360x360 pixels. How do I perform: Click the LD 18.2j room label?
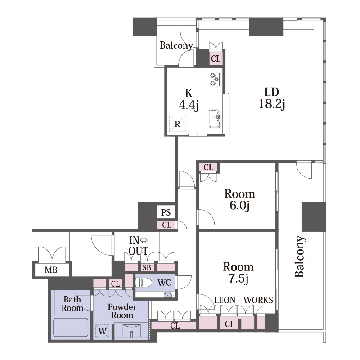pyautogui.click(x=272, y=98)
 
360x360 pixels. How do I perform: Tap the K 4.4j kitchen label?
pyautogui.click(x=189, y=99)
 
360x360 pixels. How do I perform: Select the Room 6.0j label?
pyautogui.click(x=239, y=199)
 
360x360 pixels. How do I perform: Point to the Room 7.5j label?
pyautogui.click(x=238, y=273)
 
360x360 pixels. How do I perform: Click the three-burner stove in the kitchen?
pyautogui.click(x=215, y=79)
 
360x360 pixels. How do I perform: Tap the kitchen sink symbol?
pyautogui.click(x=215, y=119)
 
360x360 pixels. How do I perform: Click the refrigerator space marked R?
pyautogui.click(x=177, y=124)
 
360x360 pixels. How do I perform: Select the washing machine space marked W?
pyautogui.click(x=103, y=331)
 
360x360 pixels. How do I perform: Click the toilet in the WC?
pyautogui.click(x=144, y=283)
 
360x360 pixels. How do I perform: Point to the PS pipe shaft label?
pyautogui.click(x=166, y=212)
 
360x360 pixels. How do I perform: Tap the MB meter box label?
pyautogui.click(x=51, y=270)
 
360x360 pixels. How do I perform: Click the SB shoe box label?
pyautogui.click(x=147, y=267)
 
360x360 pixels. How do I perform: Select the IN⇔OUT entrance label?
pyautogui.click(x=139, y=246)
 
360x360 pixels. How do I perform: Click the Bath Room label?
pyautogui.click(x=72, y=303)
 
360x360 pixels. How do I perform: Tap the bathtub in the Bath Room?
pyautogui.click(x=71, y=327)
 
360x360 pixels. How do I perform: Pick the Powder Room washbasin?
pyautogui.click(x=131, y=331)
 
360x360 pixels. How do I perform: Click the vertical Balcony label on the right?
pyautogui.click(x=300, y=256)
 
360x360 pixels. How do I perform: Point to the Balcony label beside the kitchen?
pyautogui.click(x=176, y=45)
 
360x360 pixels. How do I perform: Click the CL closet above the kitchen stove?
pyautogui.click(x=216, y=58)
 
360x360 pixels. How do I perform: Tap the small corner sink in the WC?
pyautogui.click(x=168, y=295)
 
